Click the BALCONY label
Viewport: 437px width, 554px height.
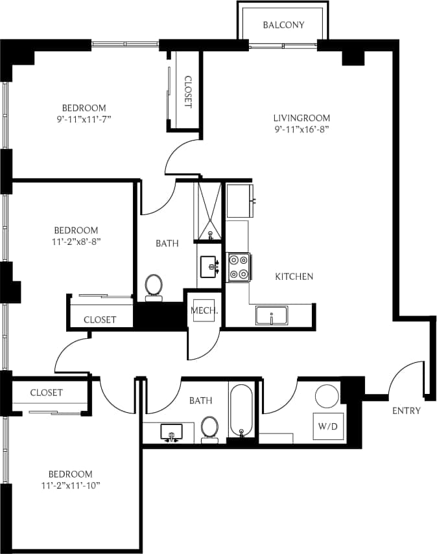tap(283, 25)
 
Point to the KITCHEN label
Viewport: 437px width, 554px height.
tap(294, 277)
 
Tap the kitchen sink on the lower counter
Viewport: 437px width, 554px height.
tap(269, 317)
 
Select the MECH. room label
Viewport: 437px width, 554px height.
tap(204, 310)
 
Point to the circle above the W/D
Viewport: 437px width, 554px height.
tap(326, 396)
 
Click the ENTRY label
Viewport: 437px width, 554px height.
tap(407, 411)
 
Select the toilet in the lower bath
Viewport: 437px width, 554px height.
tap(209, 428)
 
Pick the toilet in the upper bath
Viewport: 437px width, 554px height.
tap(154, 286)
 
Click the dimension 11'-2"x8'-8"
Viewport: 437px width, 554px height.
tap(76, 242)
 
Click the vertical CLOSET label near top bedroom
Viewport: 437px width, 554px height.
tap(187, 92)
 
